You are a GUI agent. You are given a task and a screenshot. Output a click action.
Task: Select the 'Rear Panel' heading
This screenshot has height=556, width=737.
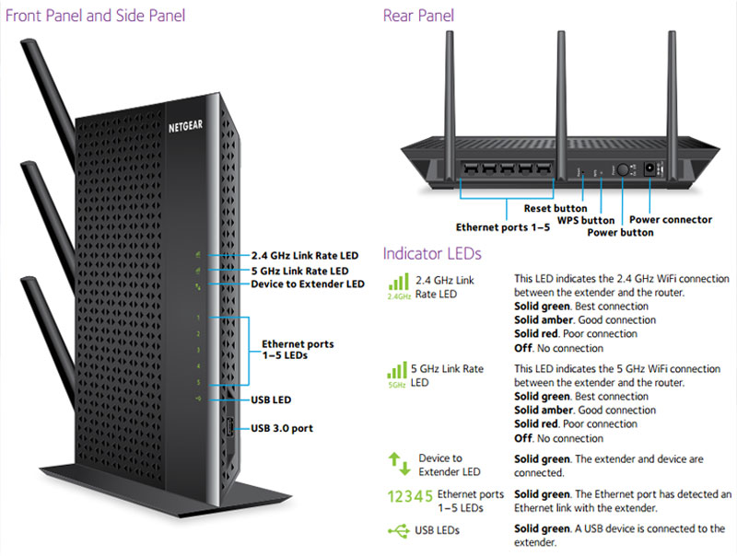[x=418, y=16]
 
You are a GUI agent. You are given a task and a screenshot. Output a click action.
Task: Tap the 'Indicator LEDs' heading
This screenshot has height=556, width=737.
[x=432, y=253]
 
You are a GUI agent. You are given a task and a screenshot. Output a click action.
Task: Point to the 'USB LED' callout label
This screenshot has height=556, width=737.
[x=273, y=400]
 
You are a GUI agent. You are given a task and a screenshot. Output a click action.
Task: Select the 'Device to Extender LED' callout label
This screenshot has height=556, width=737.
[x=308, y=284]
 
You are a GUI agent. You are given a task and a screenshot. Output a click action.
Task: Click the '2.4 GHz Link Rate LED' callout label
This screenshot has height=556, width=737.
[x=306, y=255]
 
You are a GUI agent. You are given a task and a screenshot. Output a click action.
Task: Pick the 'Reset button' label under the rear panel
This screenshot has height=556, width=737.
[x=556, y=209]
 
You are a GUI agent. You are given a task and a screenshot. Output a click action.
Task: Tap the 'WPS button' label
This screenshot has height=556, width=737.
[x=585, y=221]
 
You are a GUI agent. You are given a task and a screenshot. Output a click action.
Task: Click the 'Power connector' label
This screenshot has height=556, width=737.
[x=671, y=220]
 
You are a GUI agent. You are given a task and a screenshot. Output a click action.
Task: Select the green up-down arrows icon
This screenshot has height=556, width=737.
[x=397, y=464]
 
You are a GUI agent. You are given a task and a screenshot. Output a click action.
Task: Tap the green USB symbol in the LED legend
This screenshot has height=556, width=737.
[x=400, y=530]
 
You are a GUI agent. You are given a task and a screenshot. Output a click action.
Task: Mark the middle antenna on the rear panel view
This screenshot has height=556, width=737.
[x=561, y=83]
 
